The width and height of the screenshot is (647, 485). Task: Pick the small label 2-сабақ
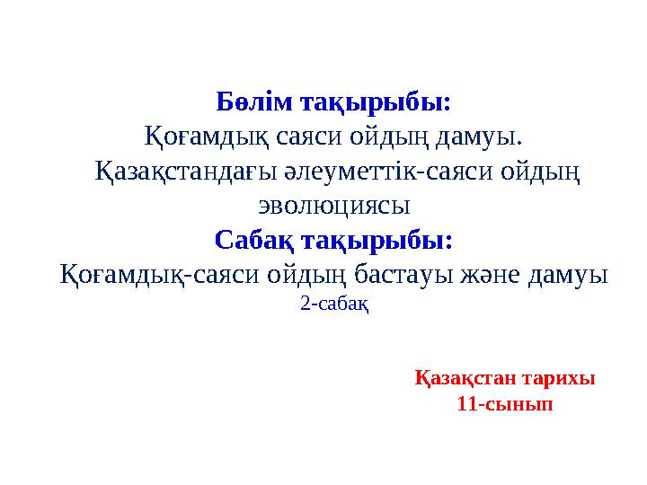(x=334, y=304)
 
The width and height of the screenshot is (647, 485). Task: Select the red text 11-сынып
(x=505, y=404)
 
